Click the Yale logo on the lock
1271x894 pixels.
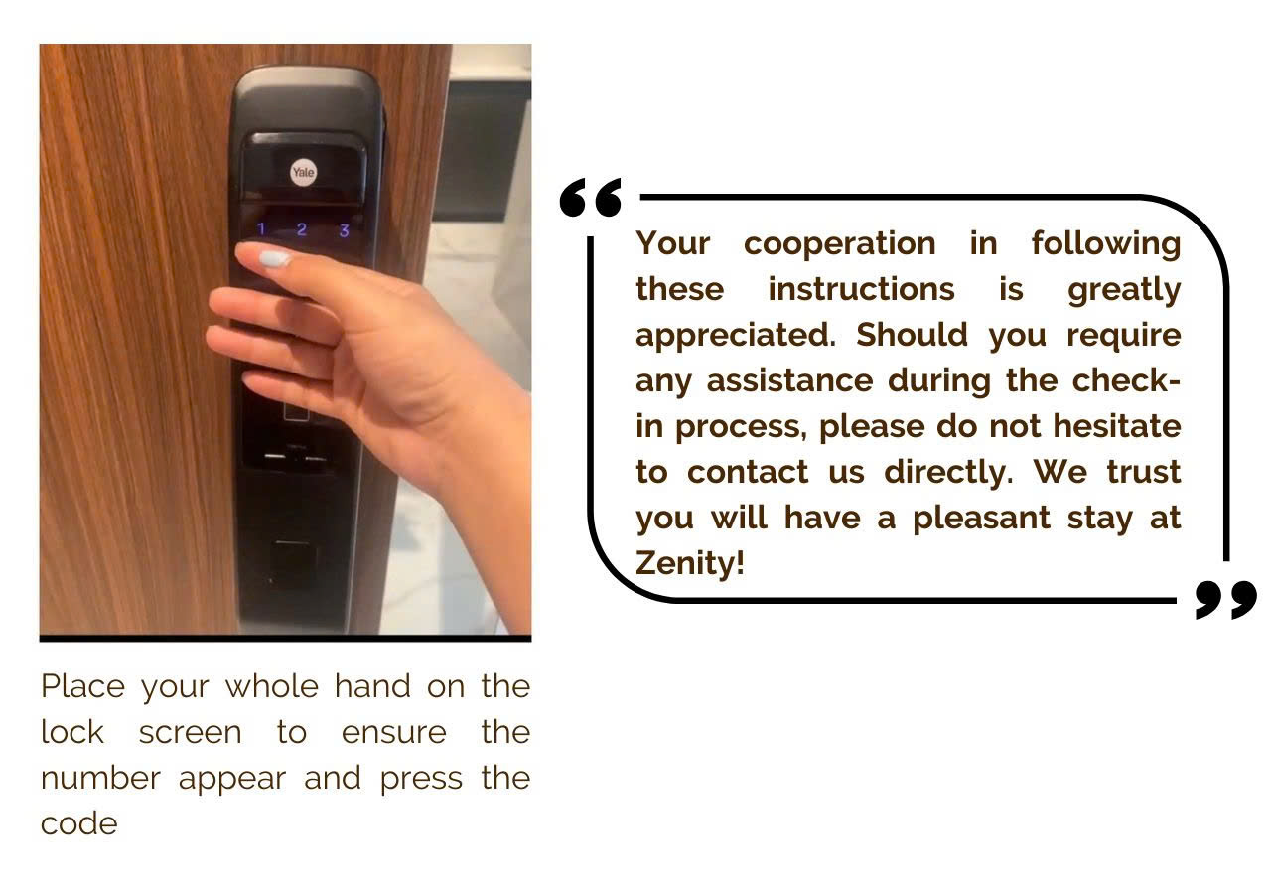coord(303,173)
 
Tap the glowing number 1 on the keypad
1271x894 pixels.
coord(261,230)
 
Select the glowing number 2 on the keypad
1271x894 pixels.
coord(302,230)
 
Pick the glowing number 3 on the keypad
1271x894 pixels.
coord(344,231)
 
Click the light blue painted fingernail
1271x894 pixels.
coord(274,259)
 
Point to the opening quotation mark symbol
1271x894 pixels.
coord(591,198)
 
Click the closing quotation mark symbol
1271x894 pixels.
coord(1225,600)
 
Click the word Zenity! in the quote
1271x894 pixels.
coord(689,564)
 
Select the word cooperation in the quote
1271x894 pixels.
coord(839,243)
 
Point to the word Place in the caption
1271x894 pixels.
coord(83,686)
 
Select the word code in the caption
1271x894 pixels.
coord(78,823)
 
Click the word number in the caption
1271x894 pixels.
coord(100,778)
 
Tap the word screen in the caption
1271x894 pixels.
coord(190,732)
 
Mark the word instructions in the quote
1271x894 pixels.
coord(861,289)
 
